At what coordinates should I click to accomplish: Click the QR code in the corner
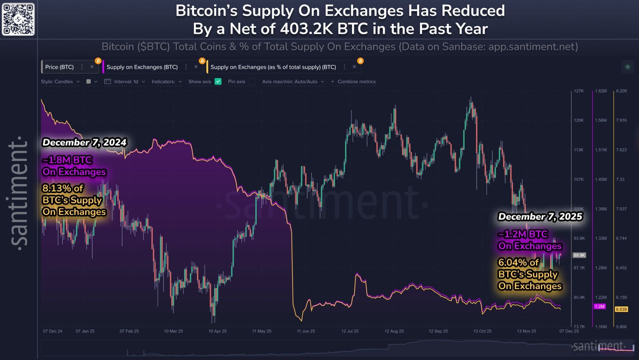point(18,19)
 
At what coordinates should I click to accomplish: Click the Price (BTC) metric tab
point(59,67)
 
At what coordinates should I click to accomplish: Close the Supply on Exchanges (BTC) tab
point(196,67)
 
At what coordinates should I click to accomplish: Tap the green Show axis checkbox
point(218,81)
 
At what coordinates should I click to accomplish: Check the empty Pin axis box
point(252,81)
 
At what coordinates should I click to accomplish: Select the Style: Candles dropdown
point(60,81)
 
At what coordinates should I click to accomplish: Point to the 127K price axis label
point(578,91)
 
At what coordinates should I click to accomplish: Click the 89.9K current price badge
point(579,255)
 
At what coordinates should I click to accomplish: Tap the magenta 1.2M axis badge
point(599,306)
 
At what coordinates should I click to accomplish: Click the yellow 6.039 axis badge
point(621,309)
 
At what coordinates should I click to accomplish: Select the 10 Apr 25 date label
point(217,331)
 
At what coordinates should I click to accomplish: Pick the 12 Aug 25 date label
point(394,331)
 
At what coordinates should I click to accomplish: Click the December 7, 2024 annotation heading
point(84,142)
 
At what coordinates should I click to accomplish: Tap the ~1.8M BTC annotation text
point(67,160)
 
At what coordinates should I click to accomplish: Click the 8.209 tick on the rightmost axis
point(621,91)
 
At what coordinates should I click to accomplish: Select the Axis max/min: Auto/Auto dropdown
point(293,81)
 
